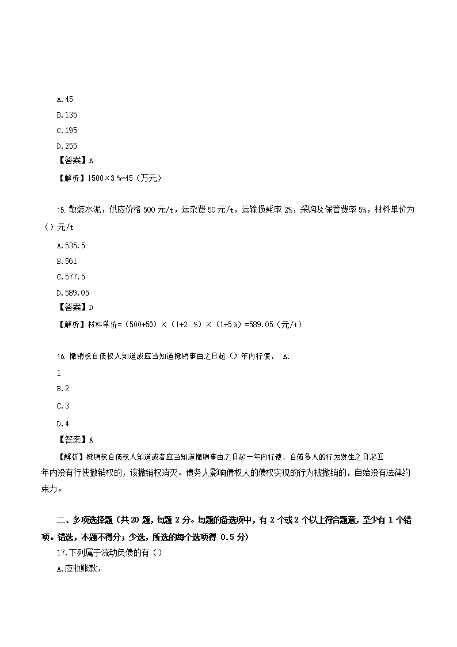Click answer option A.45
point(65,100)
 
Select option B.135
point(67,115)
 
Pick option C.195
point(67,131)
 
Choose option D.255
point(67,146)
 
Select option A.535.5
point(71,246)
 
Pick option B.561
point(67,262)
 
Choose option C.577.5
point(71,277)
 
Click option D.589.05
point(73,293)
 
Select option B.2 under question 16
point(63,389)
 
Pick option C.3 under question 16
point(63,406)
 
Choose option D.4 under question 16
point(63,423)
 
